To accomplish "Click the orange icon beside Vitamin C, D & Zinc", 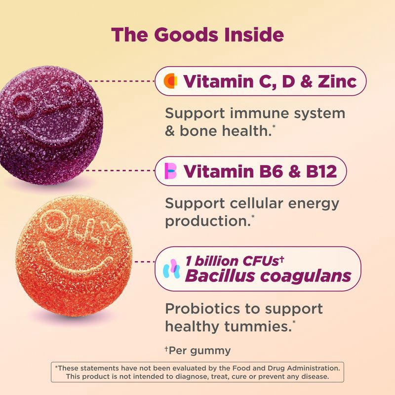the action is (x=170, y=81).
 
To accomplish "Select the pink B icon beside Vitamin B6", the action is (x=170, y=171).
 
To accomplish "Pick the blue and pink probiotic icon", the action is (x=171, y=269).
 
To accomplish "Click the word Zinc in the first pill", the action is (x=337, y=81).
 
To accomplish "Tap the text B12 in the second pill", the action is (x=321, y=171).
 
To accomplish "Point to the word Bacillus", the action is (x=220, y=276).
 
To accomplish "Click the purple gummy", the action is (x=50, y=125).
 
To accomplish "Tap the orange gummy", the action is (x=74, y=256).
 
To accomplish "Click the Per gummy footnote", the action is (x=198, y=351).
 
